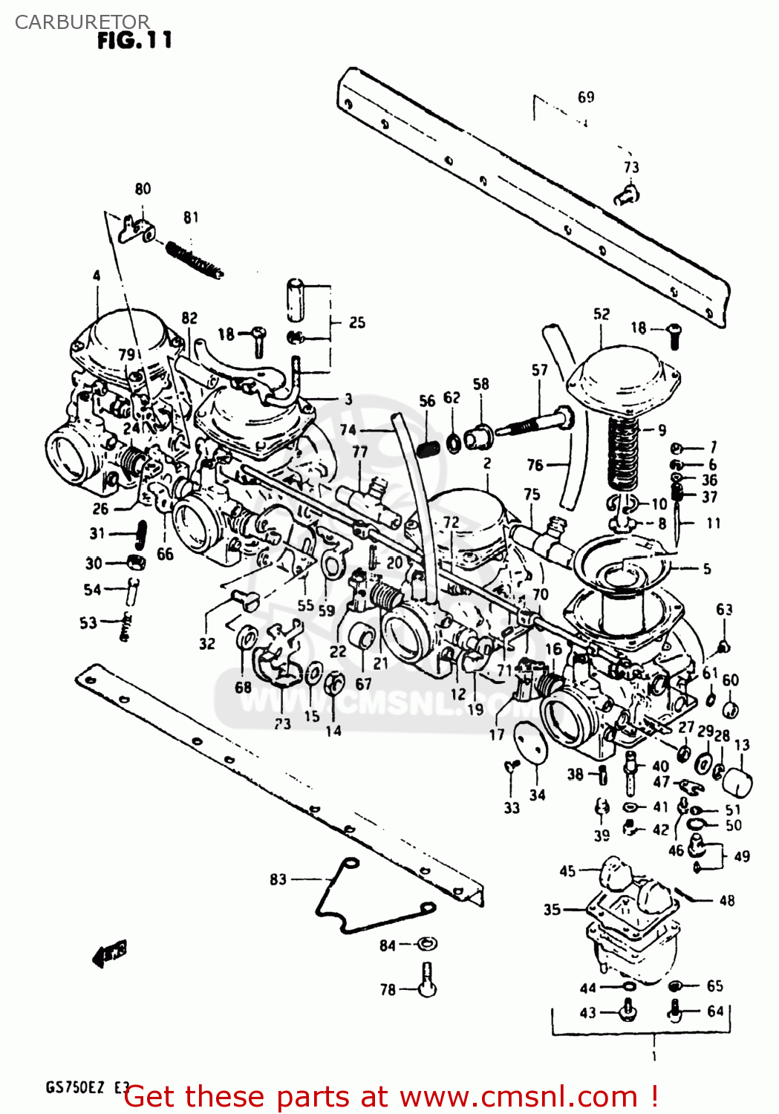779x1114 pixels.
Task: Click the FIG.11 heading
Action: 134,40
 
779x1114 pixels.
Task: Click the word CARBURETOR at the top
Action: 82,22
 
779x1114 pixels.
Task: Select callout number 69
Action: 586,97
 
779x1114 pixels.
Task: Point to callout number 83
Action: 278,879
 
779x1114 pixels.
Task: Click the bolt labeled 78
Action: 427,980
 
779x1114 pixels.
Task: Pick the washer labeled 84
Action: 426,944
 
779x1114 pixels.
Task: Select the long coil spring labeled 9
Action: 624,453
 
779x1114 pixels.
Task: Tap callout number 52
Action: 601,314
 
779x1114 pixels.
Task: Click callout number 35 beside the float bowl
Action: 552,910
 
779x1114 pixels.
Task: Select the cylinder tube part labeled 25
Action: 296,300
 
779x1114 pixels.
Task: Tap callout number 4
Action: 97,276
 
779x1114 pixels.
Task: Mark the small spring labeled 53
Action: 126,628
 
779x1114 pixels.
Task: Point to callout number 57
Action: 539,370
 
